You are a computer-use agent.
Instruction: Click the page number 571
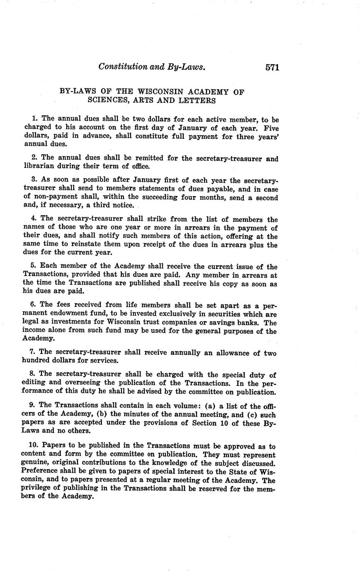pyautogui.click(x=272, y=67)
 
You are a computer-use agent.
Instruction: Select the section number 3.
pyautogui.click(x=34, y=180)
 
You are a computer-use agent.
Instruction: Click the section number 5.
pyautogui.click(x=34, y=267)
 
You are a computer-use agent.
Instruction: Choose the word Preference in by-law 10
pyautogui.click(x=41, y=472)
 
